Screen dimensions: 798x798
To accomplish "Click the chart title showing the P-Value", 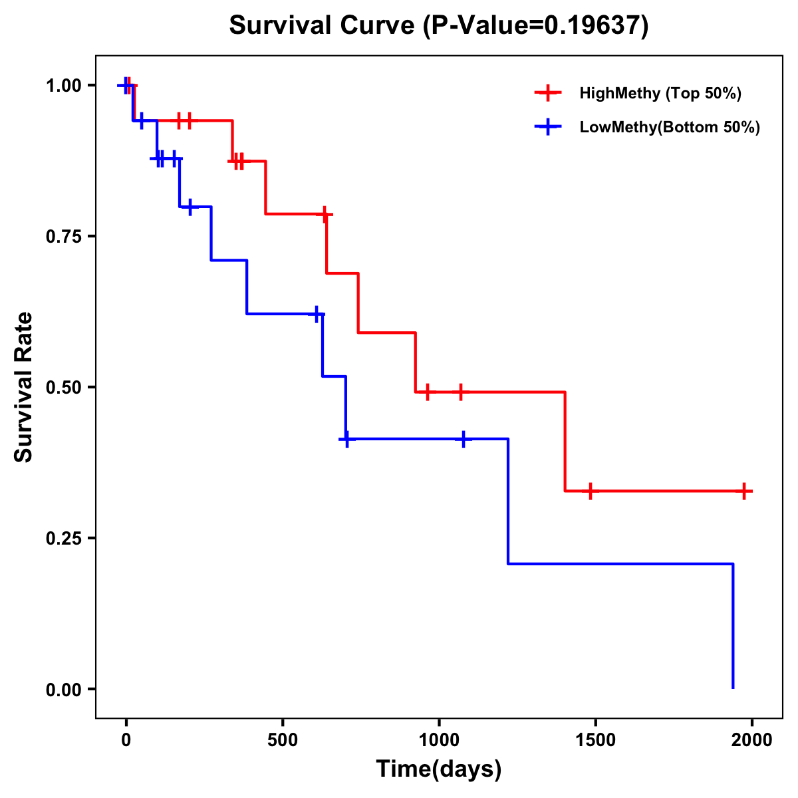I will coord(438,26).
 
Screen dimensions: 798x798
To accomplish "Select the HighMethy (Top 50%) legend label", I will coord(660,93).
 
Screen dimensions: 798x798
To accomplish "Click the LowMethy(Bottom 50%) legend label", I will coord(670,127).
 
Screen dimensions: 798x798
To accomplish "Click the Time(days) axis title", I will coord(439,769).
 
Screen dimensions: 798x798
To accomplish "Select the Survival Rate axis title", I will coord(24,387).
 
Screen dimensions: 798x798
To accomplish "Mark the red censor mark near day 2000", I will coord(745,491).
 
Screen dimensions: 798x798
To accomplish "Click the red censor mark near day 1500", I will coord(590,491).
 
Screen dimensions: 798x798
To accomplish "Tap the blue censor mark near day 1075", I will coord(463,439).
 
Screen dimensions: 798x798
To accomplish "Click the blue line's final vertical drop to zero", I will coord(733,625).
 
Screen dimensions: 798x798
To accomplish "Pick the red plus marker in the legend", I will coord(548,93).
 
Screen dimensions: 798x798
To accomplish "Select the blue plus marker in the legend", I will coord(548,127).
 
